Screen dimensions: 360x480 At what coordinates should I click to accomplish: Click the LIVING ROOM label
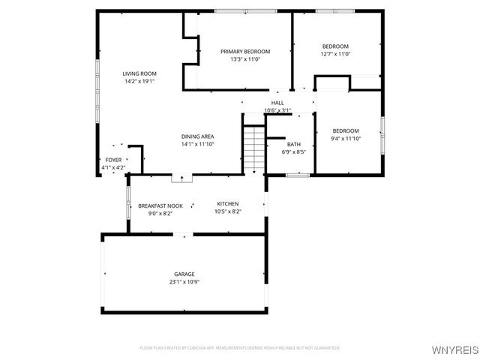(139, 73)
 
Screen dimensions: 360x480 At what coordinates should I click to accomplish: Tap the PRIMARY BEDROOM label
(244, 52)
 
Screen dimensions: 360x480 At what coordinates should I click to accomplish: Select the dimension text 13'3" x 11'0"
(244, 60)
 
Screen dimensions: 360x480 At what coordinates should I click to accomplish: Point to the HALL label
(277, 103)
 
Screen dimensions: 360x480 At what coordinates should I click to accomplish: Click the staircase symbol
(255, 148)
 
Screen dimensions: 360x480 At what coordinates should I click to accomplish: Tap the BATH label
(294, 144)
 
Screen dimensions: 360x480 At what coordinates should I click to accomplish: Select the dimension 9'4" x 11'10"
(346, 138)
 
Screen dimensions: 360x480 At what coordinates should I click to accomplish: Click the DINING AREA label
(197, 136)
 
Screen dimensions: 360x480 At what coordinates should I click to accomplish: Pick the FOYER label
(113, 160)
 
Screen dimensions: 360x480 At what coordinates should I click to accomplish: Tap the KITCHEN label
(228, 204)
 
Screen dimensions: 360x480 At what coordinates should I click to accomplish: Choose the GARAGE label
(184, 274)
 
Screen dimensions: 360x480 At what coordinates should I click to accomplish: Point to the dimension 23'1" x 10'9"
(184, 283)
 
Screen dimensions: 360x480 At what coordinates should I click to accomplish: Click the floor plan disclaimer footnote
(240, 348)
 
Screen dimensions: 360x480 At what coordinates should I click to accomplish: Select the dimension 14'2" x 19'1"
(139, 81)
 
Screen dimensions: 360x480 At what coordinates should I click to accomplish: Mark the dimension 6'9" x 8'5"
(294, 151)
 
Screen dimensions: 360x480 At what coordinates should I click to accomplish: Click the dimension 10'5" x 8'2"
(228, 212)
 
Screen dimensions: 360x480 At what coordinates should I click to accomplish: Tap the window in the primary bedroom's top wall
(245, 11)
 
